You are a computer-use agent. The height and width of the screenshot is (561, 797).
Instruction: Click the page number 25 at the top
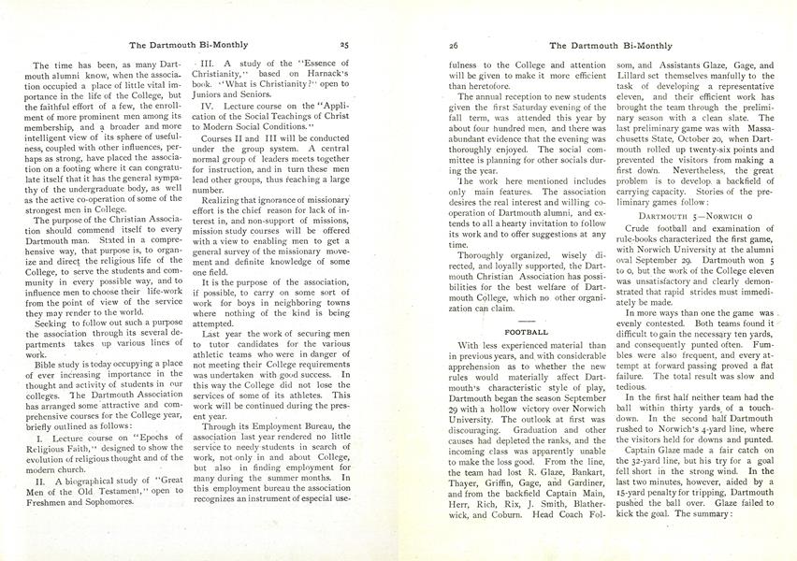[x=343, y=44]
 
